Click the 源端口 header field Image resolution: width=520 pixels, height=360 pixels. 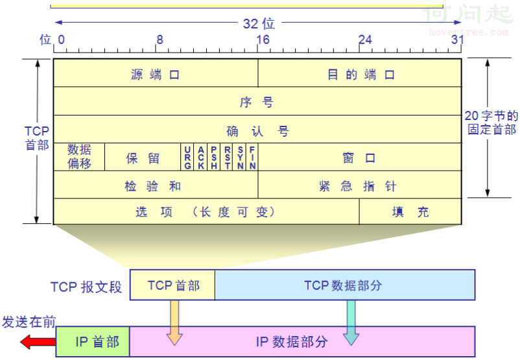156,73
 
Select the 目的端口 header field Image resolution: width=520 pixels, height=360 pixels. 360,73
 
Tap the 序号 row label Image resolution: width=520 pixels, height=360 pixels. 256,102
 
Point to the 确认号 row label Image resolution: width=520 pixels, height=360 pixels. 257,131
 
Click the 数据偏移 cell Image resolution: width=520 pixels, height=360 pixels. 79,157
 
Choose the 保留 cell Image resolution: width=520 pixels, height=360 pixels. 143,157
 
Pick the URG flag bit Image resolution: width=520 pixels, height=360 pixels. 187,157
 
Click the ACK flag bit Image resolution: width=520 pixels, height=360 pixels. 200,157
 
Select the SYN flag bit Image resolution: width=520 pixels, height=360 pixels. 240,157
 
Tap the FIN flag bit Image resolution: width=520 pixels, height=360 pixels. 252,157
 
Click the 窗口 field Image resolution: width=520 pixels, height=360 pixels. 360,157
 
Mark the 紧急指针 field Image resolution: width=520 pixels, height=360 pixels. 360,185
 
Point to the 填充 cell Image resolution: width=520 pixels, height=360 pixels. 410,211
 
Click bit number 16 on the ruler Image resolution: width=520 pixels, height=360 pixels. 263,40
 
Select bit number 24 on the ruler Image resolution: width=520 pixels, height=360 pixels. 365,40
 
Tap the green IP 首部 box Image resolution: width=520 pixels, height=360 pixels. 93,342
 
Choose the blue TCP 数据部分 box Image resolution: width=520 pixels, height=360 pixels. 345,285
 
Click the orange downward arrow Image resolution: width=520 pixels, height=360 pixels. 174,322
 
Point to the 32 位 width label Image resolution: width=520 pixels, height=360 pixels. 259,23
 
